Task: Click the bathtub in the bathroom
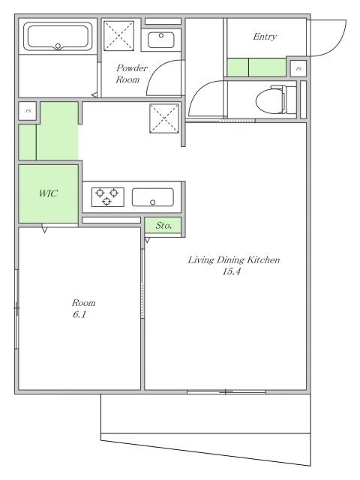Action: click(58, 37)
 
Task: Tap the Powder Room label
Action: click(132, 73)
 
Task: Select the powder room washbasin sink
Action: click(161, 40)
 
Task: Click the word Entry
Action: click(265, 37)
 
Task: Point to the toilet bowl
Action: click(275, 100)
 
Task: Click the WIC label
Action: click(48, 193)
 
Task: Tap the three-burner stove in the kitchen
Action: click(108, 196)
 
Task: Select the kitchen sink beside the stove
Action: click(153, 197)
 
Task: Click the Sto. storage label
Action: click(163, 226)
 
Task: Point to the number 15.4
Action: click(232, 271)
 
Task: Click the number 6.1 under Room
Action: click(79, 314)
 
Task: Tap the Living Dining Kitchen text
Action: click(233, 260)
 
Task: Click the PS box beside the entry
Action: click(298, 69)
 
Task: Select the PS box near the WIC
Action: click(28, 111)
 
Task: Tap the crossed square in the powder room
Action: click(118, 35)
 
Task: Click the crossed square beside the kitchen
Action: click(164, 118)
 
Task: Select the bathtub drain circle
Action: click(58, 46)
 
